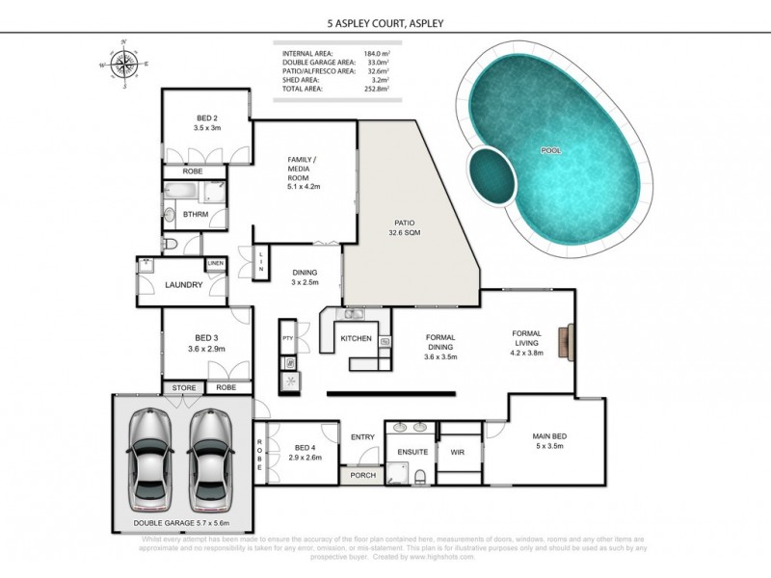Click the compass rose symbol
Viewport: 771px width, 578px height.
pyautogui.click(x=124, y=65)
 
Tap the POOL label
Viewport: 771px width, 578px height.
pyautogui.click(x=550, y=151)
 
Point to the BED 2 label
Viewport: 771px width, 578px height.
pyautogui.click(x=205, y=122)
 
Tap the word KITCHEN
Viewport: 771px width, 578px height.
pyautogui.click(x=356, y=338)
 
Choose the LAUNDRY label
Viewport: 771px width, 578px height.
pyautogui.click(x=183, y=285)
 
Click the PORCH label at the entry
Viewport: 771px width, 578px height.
pyautogui.click(x=362, y=474)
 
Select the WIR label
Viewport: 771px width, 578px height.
pyautogui.click(x=458, y=451)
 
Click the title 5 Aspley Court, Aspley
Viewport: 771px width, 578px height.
pyautogui.click(x=385, y=21)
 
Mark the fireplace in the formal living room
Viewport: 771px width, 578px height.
pyautogui.click(x=572, y=340)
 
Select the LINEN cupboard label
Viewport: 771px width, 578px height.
pyautogui.click(x=215, y=264)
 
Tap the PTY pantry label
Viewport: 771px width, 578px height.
pyautogui.click(x=287, y=338)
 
